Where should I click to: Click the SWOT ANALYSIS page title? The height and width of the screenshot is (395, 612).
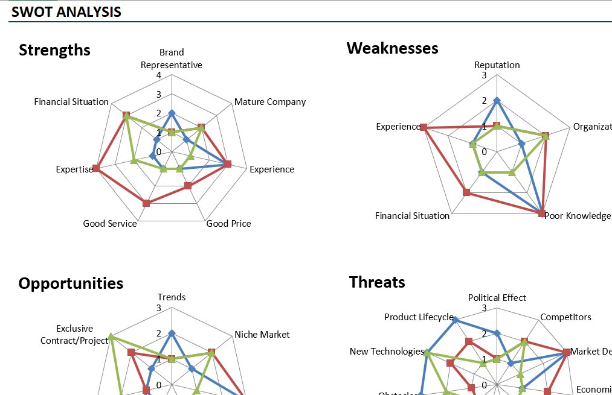[x=66, y=11]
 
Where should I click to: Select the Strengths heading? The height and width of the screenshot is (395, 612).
[x=54, y=50]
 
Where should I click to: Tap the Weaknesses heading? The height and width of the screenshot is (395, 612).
[x=392, y=48]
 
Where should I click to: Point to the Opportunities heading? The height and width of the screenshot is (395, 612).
[x=71, y=283]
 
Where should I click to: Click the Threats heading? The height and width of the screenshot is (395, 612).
[x=377, y=282]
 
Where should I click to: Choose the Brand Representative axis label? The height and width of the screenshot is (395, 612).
[x=172, y=58]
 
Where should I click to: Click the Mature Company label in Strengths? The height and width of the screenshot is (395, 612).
[x=270, y=102]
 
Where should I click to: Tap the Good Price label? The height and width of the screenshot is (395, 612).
[x=228, y=224]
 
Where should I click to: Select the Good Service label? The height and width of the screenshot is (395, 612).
[x=110, y=224]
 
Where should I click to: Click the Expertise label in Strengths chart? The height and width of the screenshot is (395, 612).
[x=74, y=169]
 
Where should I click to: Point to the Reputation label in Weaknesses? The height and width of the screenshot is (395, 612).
[x=497, y=65]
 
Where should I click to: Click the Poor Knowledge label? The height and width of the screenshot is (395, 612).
[x=577, y=216]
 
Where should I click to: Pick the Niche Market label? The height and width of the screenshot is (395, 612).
[x=262, y=335]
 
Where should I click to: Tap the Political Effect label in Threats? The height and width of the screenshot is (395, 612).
[x=497, y=298]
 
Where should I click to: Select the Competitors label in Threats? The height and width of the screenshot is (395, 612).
[x=565, y=317]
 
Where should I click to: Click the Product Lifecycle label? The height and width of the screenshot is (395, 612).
[x=418, y=317]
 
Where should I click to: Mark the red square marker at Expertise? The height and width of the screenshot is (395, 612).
[x=95, y=168]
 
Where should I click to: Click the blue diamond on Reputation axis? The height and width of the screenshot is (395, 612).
[x=497, y=100]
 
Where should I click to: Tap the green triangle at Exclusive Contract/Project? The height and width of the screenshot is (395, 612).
[x=111, y=337]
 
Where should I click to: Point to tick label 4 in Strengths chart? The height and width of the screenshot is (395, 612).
[x=158, y=75]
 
